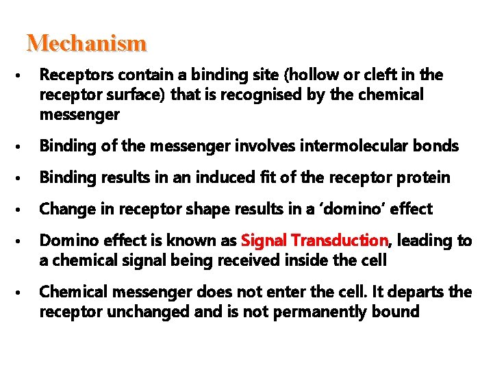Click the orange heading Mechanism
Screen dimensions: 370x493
tap(86, 43)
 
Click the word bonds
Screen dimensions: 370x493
tap(438, 145)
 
